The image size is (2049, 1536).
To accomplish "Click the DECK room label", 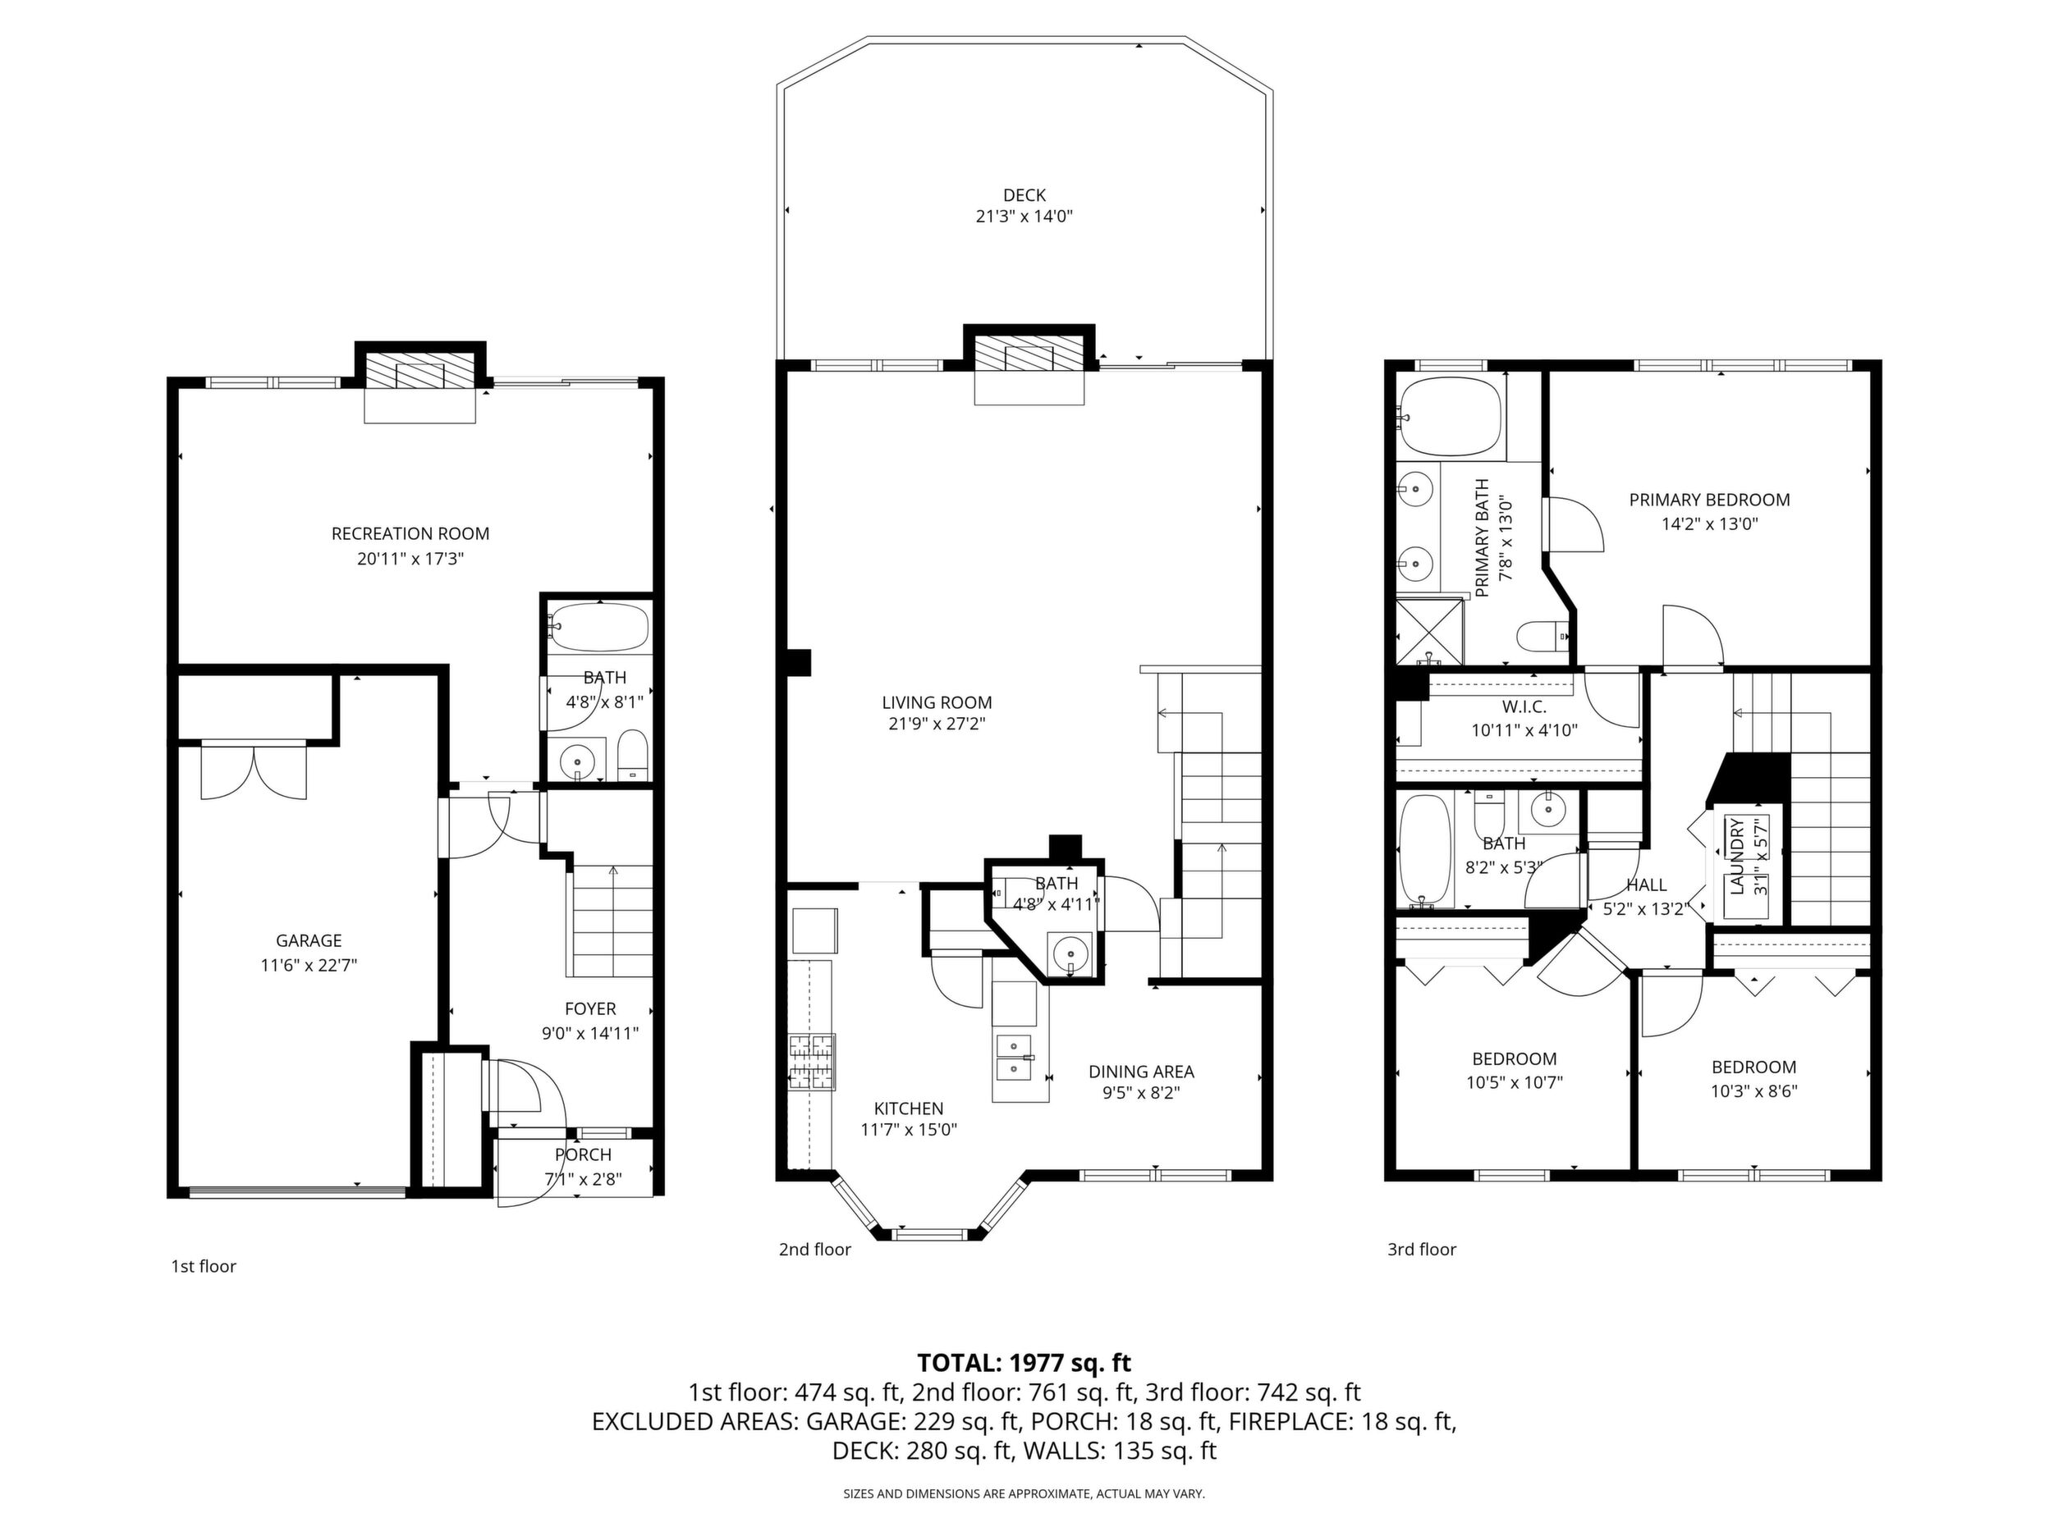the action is tap(1024, 195).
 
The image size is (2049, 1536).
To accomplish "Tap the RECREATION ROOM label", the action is tap(410, 533).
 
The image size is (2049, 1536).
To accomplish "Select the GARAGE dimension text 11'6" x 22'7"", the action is tap(309, 966).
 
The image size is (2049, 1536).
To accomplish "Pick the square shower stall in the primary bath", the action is tap(1430, 633).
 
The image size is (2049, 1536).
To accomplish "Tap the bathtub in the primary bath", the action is tap(1449, 418).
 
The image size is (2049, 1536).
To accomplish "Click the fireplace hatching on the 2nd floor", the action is tap(1029, 354).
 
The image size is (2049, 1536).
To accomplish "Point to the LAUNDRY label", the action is tap(1737, 857).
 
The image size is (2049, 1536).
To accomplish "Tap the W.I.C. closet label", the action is tap(1524, 706).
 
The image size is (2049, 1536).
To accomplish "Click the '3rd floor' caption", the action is tap(1422, 1249).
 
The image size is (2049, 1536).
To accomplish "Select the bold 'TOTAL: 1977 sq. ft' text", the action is tap(1024, 1362).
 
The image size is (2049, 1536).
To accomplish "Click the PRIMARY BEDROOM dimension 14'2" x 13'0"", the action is tap(1709, 523).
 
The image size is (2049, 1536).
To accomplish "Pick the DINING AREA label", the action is tap(1141, 1072).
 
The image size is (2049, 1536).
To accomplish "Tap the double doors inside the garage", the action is tap(254, 770).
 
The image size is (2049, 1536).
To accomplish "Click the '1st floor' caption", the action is tap(204, 1266).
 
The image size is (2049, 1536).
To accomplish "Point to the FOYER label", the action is tap(590, 1008).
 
